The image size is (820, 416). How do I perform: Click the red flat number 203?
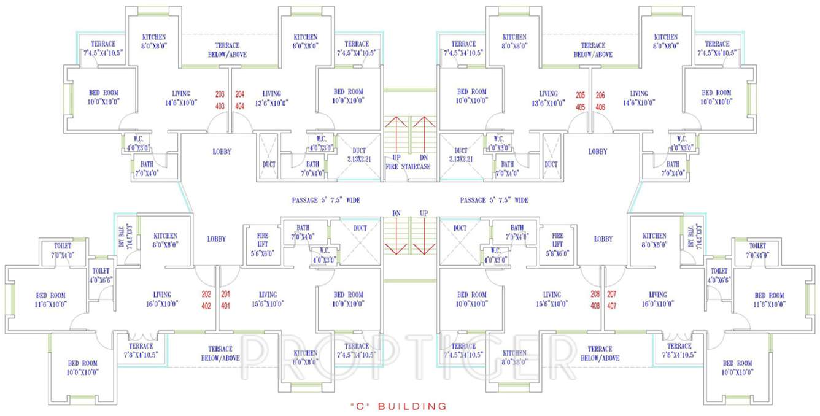click(x=220, y=94)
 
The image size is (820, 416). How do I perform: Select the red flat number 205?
click(x=581, y=96)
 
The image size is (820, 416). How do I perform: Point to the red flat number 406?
click(x=600, y=107)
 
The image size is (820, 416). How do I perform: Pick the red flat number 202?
click(x=206, y=293)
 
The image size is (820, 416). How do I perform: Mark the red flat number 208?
click(x=595, y=294)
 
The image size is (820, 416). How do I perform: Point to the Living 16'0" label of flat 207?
click(x=658, y=299)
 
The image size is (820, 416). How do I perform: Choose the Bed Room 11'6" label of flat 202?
click(x=50, y=299)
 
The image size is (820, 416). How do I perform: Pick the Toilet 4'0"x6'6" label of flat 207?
click(x=719, y=275)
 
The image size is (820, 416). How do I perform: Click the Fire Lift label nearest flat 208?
click(x=557, y=244)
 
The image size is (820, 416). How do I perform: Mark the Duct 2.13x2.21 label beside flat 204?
click(x=359, y=155)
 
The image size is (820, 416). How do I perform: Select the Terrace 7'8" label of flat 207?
click(x=679, y=350)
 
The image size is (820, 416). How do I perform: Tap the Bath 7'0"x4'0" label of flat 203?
click(x=147, y=168)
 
